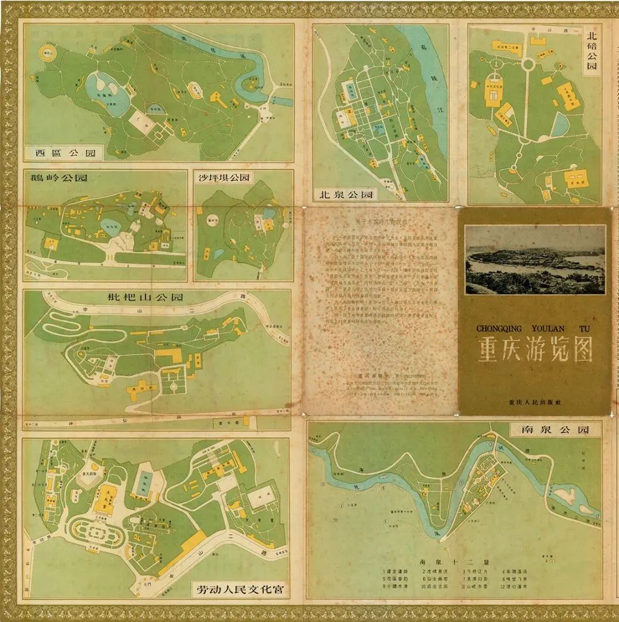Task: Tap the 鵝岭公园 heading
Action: coord(59,178)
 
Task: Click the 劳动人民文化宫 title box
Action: coord(240,589)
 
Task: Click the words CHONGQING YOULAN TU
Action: coord(534,328)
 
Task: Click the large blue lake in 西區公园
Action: coord(108,92)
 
